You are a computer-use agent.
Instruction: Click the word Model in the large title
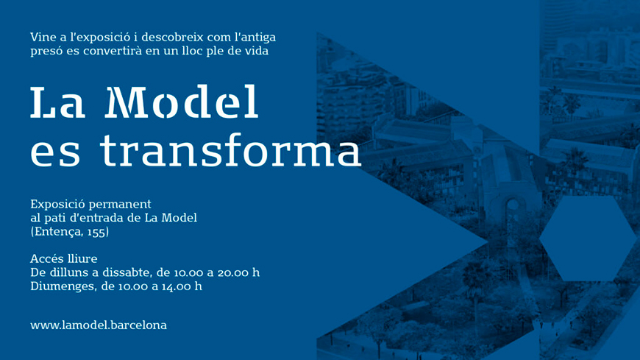point(182,102)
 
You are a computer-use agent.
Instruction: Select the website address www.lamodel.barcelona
point(99,325)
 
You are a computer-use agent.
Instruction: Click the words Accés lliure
point(64,258)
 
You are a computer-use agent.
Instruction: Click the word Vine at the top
point(43,38)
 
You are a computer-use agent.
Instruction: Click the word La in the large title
point(57,102)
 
